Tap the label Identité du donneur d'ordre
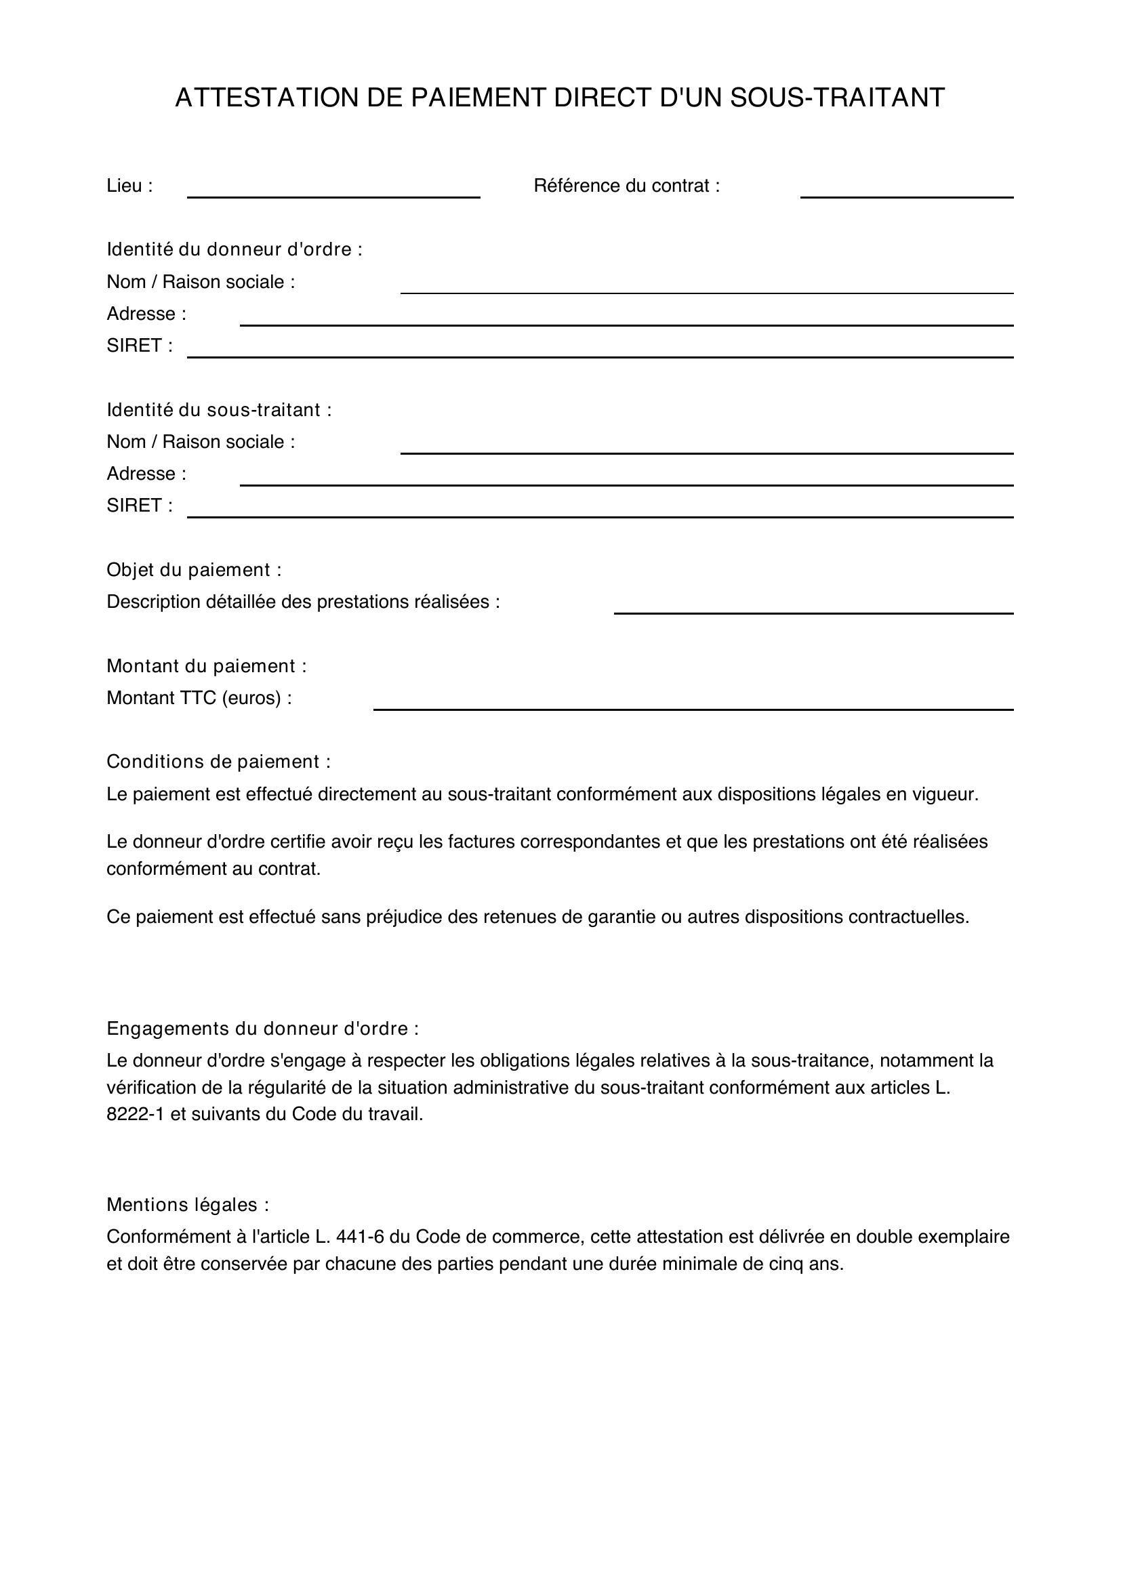234,249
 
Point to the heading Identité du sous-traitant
219,410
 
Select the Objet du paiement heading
193,570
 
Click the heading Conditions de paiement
218,762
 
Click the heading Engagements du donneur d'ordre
262,1029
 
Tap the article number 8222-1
136,1115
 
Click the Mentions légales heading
187,1206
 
